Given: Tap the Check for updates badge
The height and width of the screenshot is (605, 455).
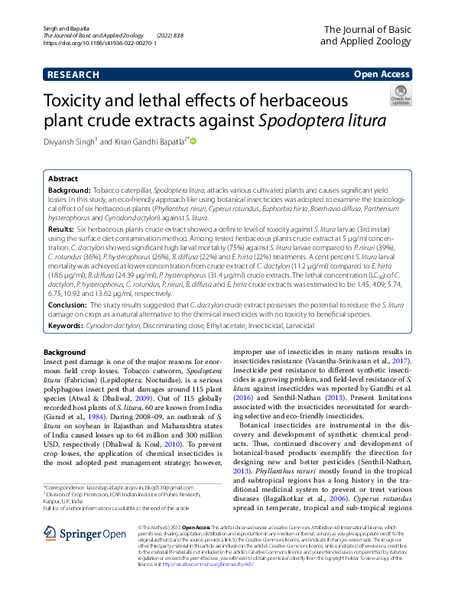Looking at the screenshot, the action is point(400,97).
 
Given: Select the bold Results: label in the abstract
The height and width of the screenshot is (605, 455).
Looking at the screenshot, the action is point(62,229).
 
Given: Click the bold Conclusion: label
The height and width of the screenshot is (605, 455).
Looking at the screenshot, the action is point(67,304).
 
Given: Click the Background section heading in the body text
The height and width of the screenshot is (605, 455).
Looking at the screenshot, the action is point(65,351).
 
